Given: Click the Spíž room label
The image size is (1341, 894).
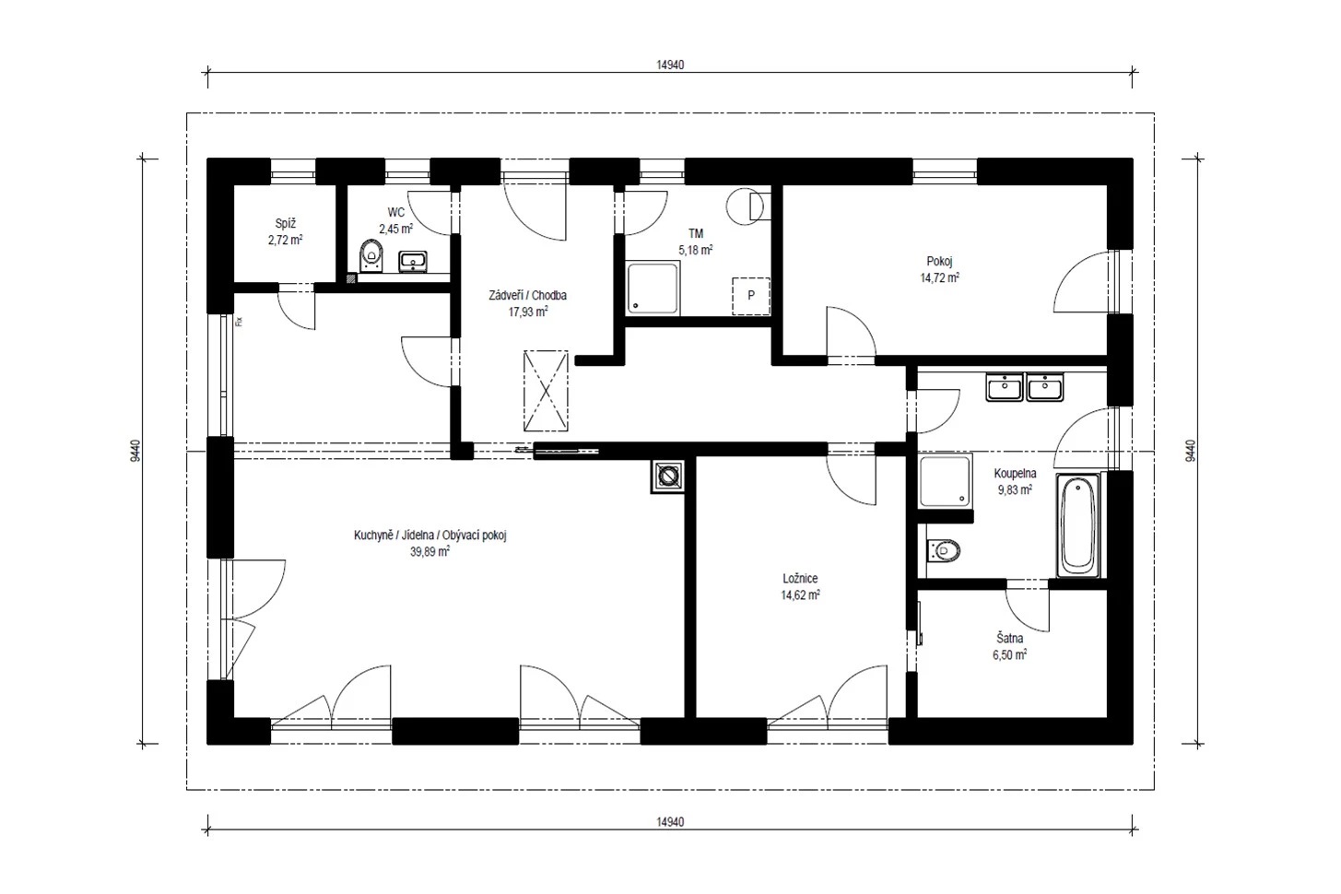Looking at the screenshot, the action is point(286,224).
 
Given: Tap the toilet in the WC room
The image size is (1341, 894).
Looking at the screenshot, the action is point(371,256).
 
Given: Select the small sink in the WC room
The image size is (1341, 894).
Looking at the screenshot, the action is point(413,261).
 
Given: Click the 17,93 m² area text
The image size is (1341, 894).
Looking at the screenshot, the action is point(528,312).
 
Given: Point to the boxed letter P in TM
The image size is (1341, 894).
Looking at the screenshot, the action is point(751,296).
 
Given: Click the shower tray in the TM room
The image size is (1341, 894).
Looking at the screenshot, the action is point(653,288).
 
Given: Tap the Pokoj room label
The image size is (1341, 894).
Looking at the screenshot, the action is point(939,261).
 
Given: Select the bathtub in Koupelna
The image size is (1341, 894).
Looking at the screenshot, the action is point(1078,525).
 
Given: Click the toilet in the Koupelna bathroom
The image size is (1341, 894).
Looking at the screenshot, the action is point(944,550).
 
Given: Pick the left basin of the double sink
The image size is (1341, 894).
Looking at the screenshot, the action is point(1005,387).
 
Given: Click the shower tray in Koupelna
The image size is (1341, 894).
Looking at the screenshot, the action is point(946,481).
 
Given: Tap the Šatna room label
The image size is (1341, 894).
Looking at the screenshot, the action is point(1010,639).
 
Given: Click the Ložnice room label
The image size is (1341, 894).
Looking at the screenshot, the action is point(800,579).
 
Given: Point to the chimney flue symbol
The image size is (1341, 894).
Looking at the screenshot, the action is point(667,477).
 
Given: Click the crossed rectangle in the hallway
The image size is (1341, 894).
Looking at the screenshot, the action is point(546,391).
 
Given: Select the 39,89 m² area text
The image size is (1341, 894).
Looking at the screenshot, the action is point(429,551).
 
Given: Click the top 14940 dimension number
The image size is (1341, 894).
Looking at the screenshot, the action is point(670,65).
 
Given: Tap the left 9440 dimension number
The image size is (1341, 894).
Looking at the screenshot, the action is point(135,451).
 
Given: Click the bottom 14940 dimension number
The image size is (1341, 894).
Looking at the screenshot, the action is point(670,822).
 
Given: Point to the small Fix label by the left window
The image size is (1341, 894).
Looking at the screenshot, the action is point(239,322).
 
